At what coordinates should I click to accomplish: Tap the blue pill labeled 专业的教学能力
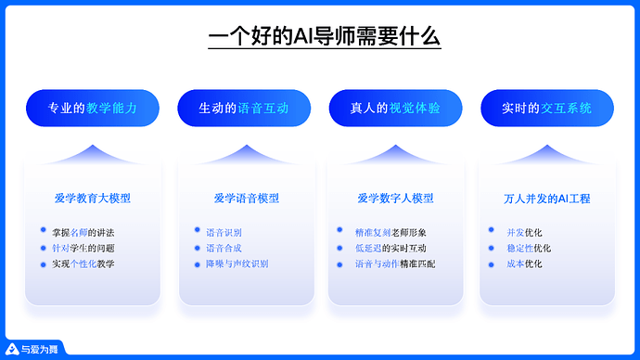coord(93,109)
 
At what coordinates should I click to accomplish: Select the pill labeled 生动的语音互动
coord(244,109)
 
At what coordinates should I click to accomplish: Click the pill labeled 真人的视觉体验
coord(395,109)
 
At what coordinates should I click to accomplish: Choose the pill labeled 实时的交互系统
coord(546,109)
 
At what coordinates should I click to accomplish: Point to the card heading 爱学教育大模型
coord(93,198)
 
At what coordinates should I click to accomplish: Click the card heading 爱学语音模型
coord(246,198)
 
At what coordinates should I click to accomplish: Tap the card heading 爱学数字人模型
coord(395,198)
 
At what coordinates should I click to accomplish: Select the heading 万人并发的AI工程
coord(546,198)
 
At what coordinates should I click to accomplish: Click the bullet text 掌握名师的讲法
coord(89,232)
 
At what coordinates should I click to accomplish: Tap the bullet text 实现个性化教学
coord(89,264)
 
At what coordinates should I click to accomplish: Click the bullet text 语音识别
coord(224,232)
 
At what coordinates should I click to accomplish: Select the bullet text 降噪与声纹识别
coord(237,264)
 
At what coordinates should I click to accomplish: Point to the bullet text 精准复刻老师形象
coord(390,232)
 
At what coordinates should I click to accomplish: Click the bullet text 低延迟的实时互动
coord(390,248)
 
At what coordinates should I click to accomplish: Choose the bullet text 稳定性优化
coord(529,248)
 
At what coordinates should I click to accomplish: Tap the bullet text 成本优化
coord(524,264)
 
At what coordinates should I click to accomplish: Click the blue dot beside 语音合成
coord(196,247)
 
